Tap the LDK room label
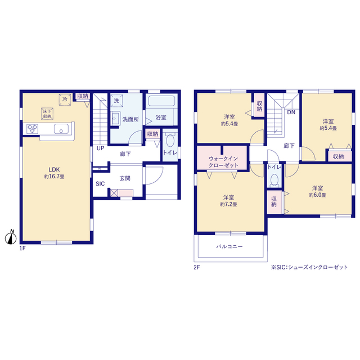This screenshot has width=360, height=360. [54, 169]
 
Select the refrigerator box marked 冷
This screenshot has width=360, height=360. [65, 100]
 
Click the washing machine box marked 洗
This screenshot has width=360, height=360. [116, 101]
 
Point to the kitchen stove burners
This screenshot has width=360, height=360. [32, 129]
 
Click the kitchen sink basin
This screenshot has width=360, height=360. [61, 129]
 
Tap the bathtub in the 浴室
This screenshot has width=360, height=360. [161, 101]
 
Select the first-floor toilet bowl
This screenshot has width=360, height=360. [170, 140]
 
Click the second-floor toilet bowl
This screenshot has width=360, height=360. [274, 180]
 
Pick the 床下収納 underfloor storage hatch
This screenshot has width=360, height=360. [47, 114]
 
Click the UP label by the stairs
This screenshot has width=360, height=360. [101, 148]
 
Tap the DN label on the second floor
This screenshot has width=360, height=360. [291, 112]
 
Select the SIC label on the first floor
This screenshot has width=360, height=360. [100, 184]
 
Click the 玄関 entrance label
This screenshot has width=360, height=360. [125, 178]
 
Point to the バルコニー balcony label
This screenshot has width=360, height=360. [229, 246]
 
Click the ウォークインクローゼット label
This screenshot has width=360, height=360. [223, 162]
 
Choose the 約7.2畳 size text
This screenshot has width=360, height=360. [229, 204]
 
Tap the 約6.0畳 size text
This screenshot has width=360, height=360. [317, 195]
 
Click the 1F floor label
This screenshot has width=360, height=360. [22, 248]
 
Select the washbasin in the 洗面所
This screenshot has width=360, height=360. [115, 118]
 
